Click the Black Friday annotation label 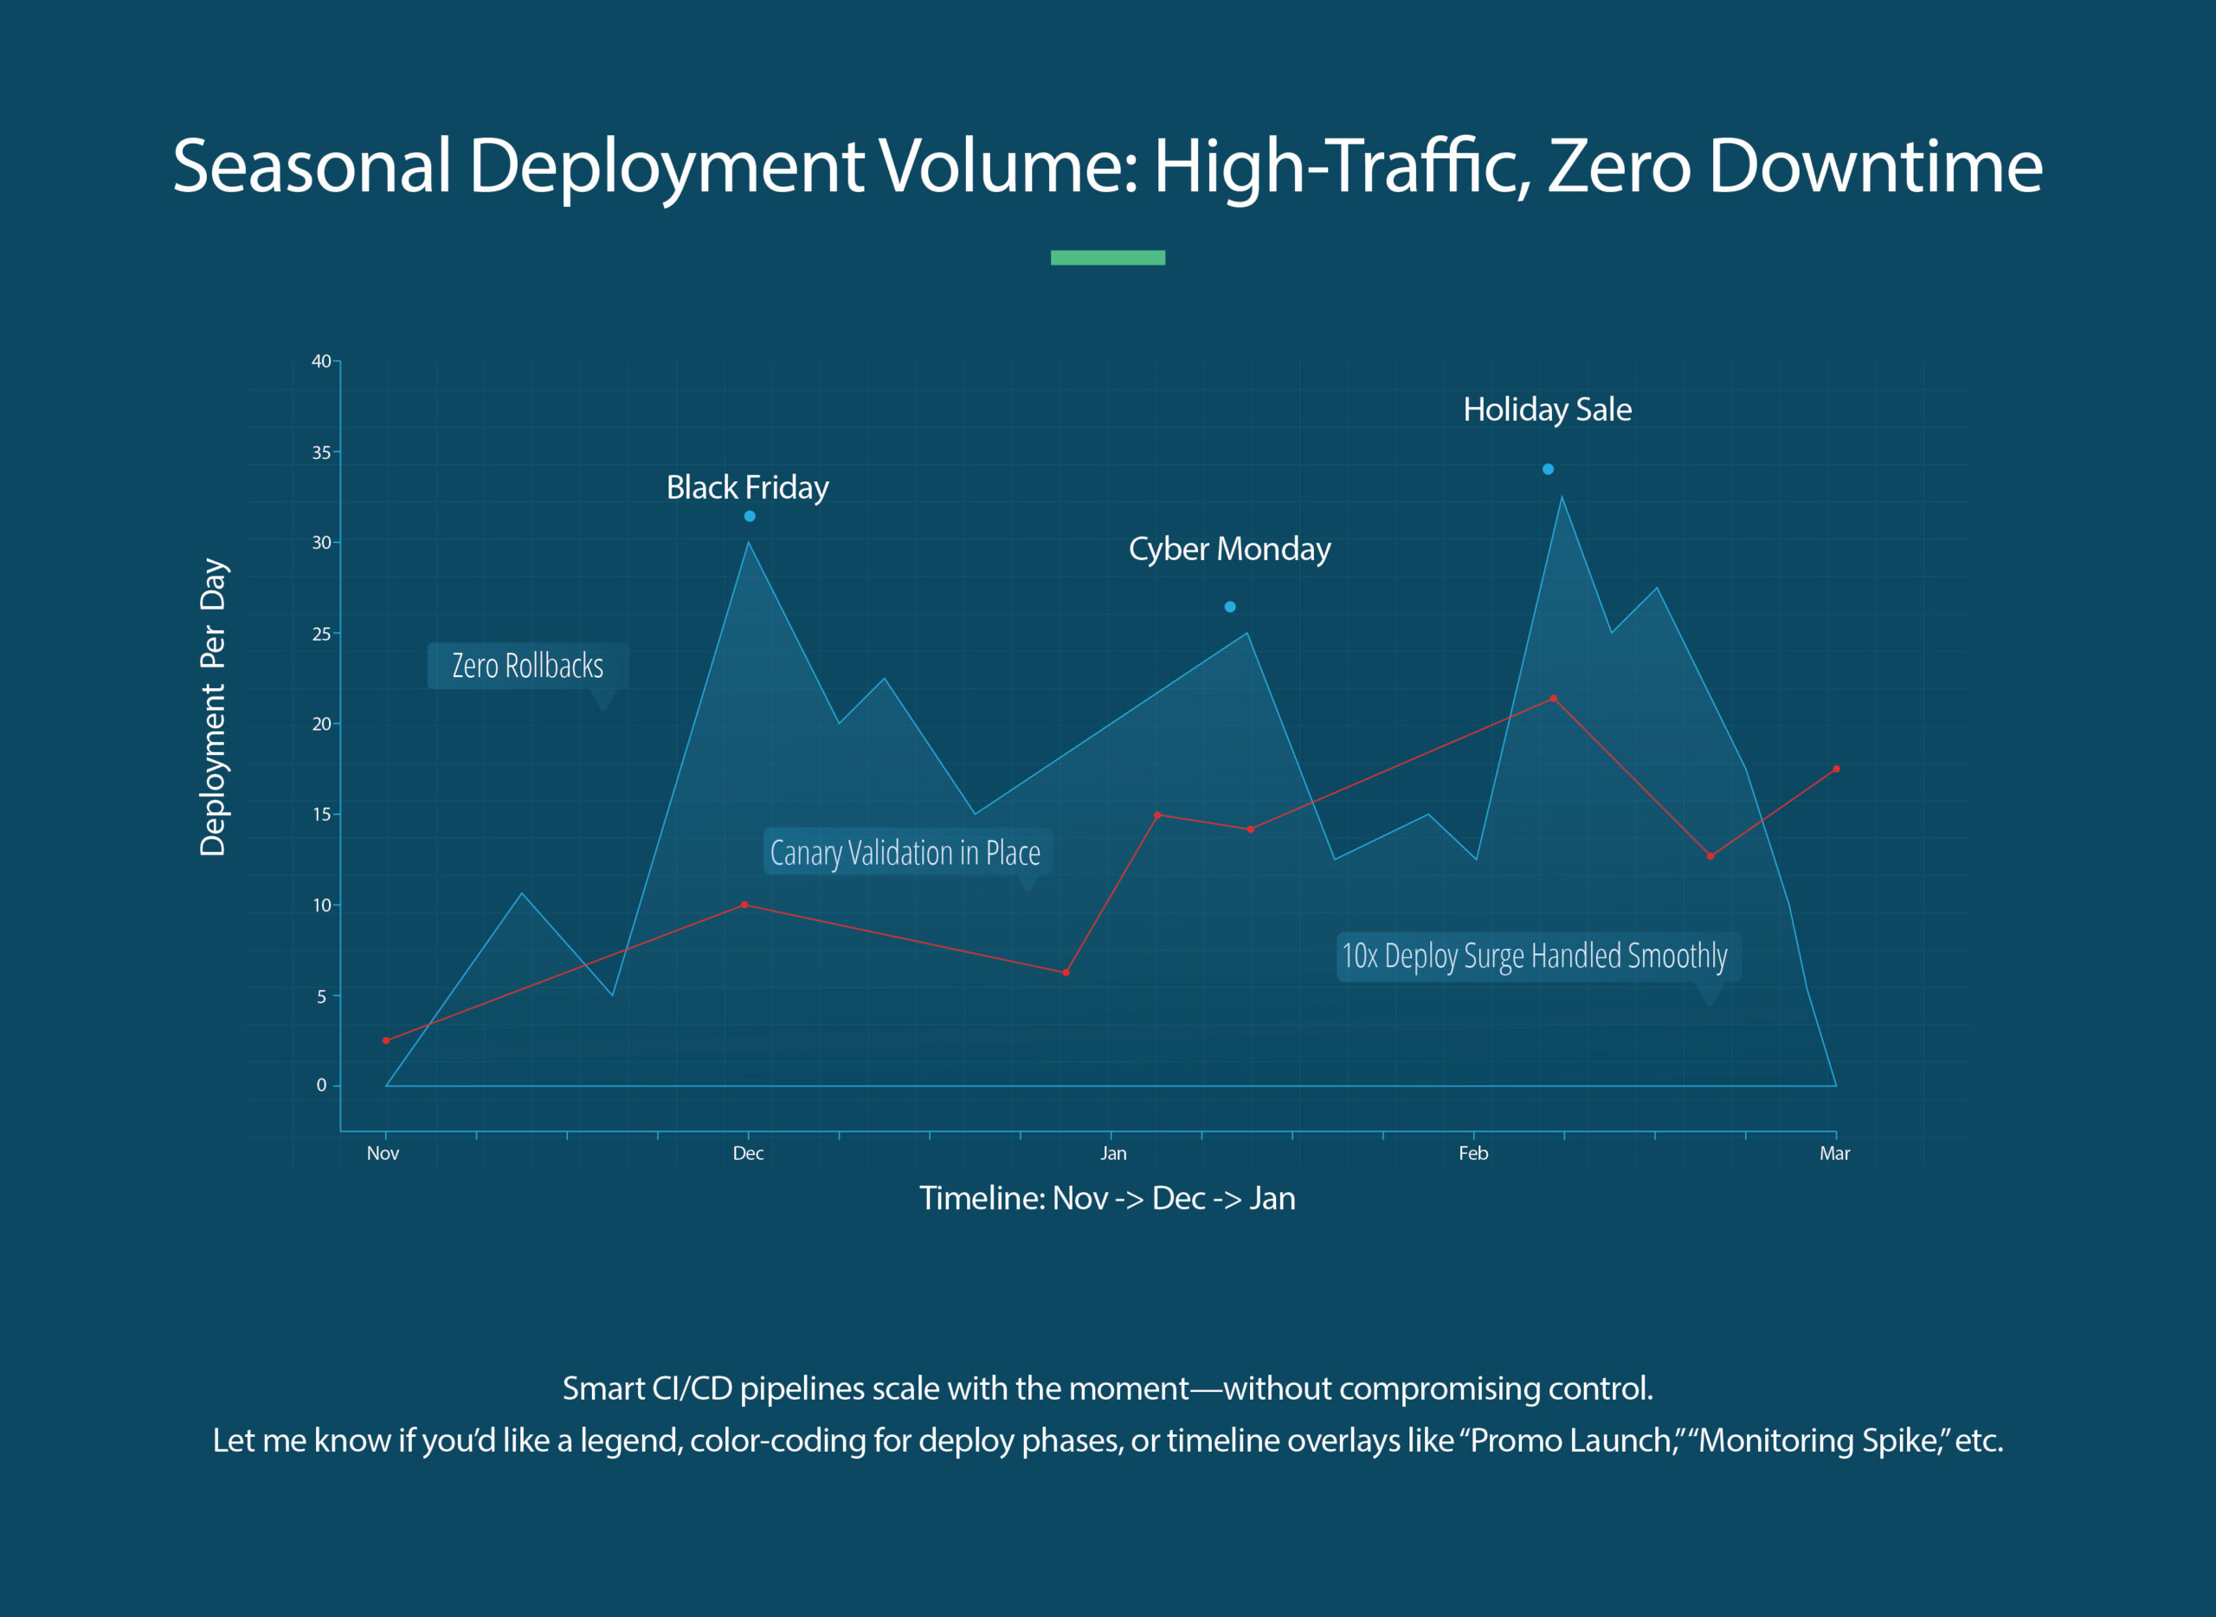point(747,487)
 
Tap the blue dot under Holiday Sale point(1548,469)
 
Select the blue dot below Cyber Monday point(1229,607)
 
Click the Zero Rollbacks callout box point(527,666)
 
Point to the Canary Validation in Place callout point(905,853)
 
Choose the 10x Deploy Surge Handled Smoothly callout point(1534,956)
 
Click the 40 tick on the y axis point(321,361)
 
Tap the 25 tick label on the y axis point(321,635)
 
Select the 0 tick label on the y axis point(321,1085)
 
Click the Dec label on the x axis point(748,1153)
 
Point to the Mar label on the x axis point(1834,1153)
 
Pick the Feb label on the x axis point(1473,1153)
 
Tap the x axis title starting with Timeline point(1107,1198)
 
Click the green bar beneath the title point(1107,257)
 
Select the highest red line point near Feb point(1553,699)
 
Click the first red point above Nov point(386,1040)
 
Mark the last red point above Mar point(1836,770)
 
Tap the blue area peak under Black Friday point(748,544)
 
